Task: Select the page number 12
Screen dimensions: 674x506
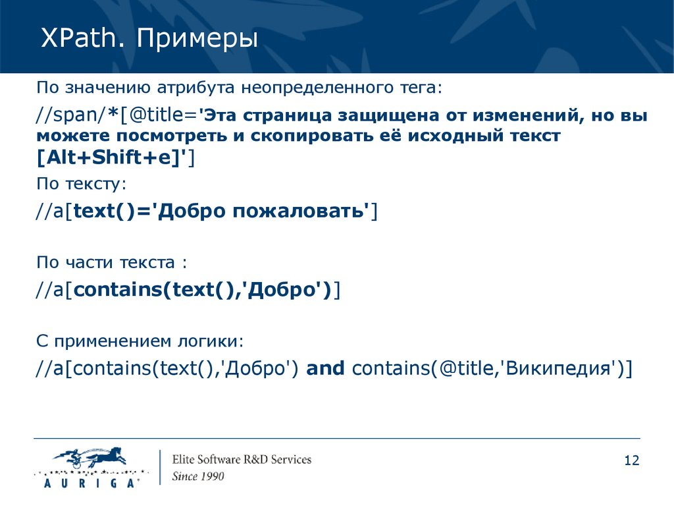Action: click(631, 461)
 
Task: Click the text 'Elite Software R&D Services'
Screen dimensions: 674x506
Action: click(242, 459)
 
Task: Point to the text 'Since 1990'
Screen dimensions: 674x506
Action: click(198, 476)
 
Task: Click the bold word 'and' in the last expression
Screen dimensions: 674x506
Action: click(325, 368)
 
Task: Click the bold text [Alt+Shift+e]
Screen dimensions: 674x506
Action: click(111, 157)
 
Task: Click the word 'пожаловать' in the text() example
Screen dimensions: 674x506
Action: click(298, 211)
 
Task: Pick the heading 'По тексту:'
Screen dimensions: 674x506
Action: click(81, 184)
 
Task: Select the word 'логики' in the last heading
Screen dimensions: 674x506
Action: click(210, 342)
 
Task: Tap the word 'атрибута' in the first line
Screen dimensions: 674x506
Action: click(195, 88)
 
